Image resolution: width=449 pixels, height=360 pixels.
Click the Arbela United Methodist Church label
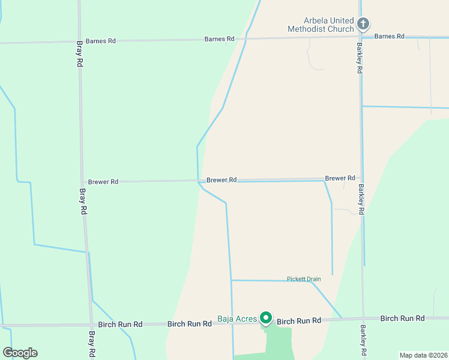pos(321,25)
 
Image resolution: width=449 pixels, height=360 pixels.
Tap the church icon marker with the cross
pos(363,24)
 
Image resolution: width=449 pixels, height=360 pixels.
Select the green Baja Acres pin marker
pos(266,318)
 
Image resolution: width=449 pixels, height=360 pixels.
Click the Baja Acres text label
pos(237,319)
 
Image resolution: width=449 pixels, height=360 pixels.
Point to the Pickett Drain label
pos(304,278)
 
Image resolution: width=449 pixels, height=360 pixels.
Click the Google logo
pos(20,353)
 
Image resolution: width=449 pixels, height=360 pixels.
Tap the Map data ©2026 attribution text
pos(423,355)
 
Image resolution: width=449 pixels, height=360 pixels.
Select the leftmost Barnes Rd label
pos(101,41)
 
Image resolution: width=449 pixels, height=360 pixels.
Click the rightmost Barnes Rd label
pos(389,36)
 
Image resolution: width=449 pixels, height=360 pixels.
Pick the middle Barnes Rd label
pos(219,39)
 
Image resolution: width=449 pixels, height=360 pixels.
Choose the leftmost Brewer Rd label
pos(103,181)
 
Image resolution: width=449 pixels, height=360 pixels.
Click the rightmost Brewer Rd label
pos(340,178)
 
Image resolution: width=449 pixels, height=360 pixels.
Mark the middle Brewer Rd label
pos(221,179)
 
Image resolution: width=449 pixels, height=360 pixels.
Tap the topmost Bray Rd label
pos(80,53)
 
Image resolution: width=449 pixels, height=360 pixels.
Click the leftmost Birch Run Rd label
pos(120,324)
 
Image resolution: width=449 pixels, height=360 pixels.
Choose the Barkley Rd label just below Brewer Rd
pos(361,200)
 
